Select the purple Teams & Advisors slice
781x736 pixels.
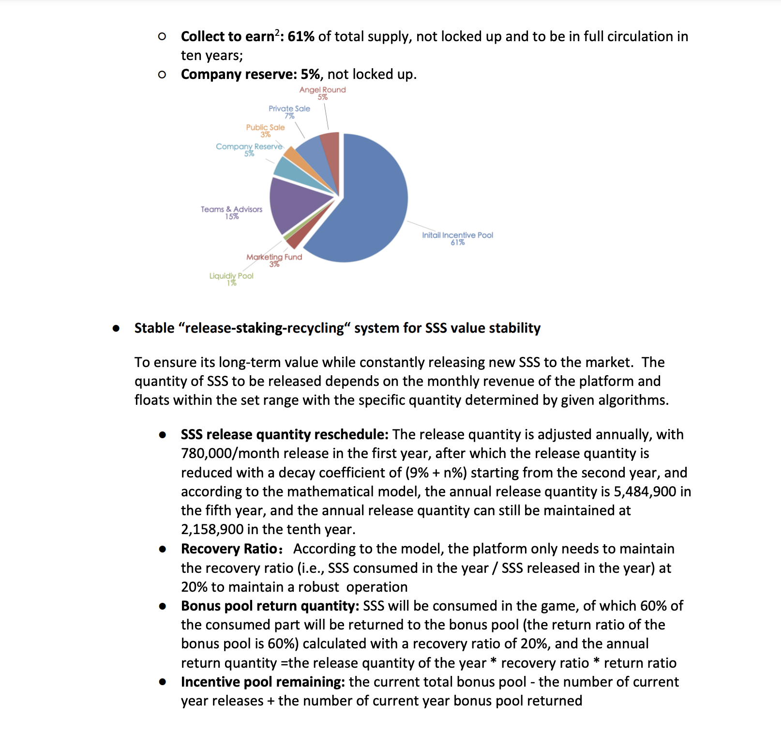pos(295,203)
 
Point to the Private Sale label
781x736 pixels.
pos(289,112)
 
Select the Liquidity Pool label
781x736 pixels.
pos(231,279)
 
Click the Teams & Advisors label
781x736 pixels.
pos(231,213)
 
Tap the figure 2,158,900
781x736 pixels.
pos(212,530)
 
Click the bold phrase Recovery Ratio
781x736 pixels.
pos(229,549)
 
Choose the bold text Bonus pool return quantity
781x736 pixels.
pos(269,606)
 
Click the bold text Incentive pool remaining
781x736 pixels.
pos(262,682)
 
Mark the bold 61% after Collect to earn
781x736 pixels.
pos(301,37)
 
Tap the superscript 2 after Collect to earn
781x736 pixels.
pos(277,32)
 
